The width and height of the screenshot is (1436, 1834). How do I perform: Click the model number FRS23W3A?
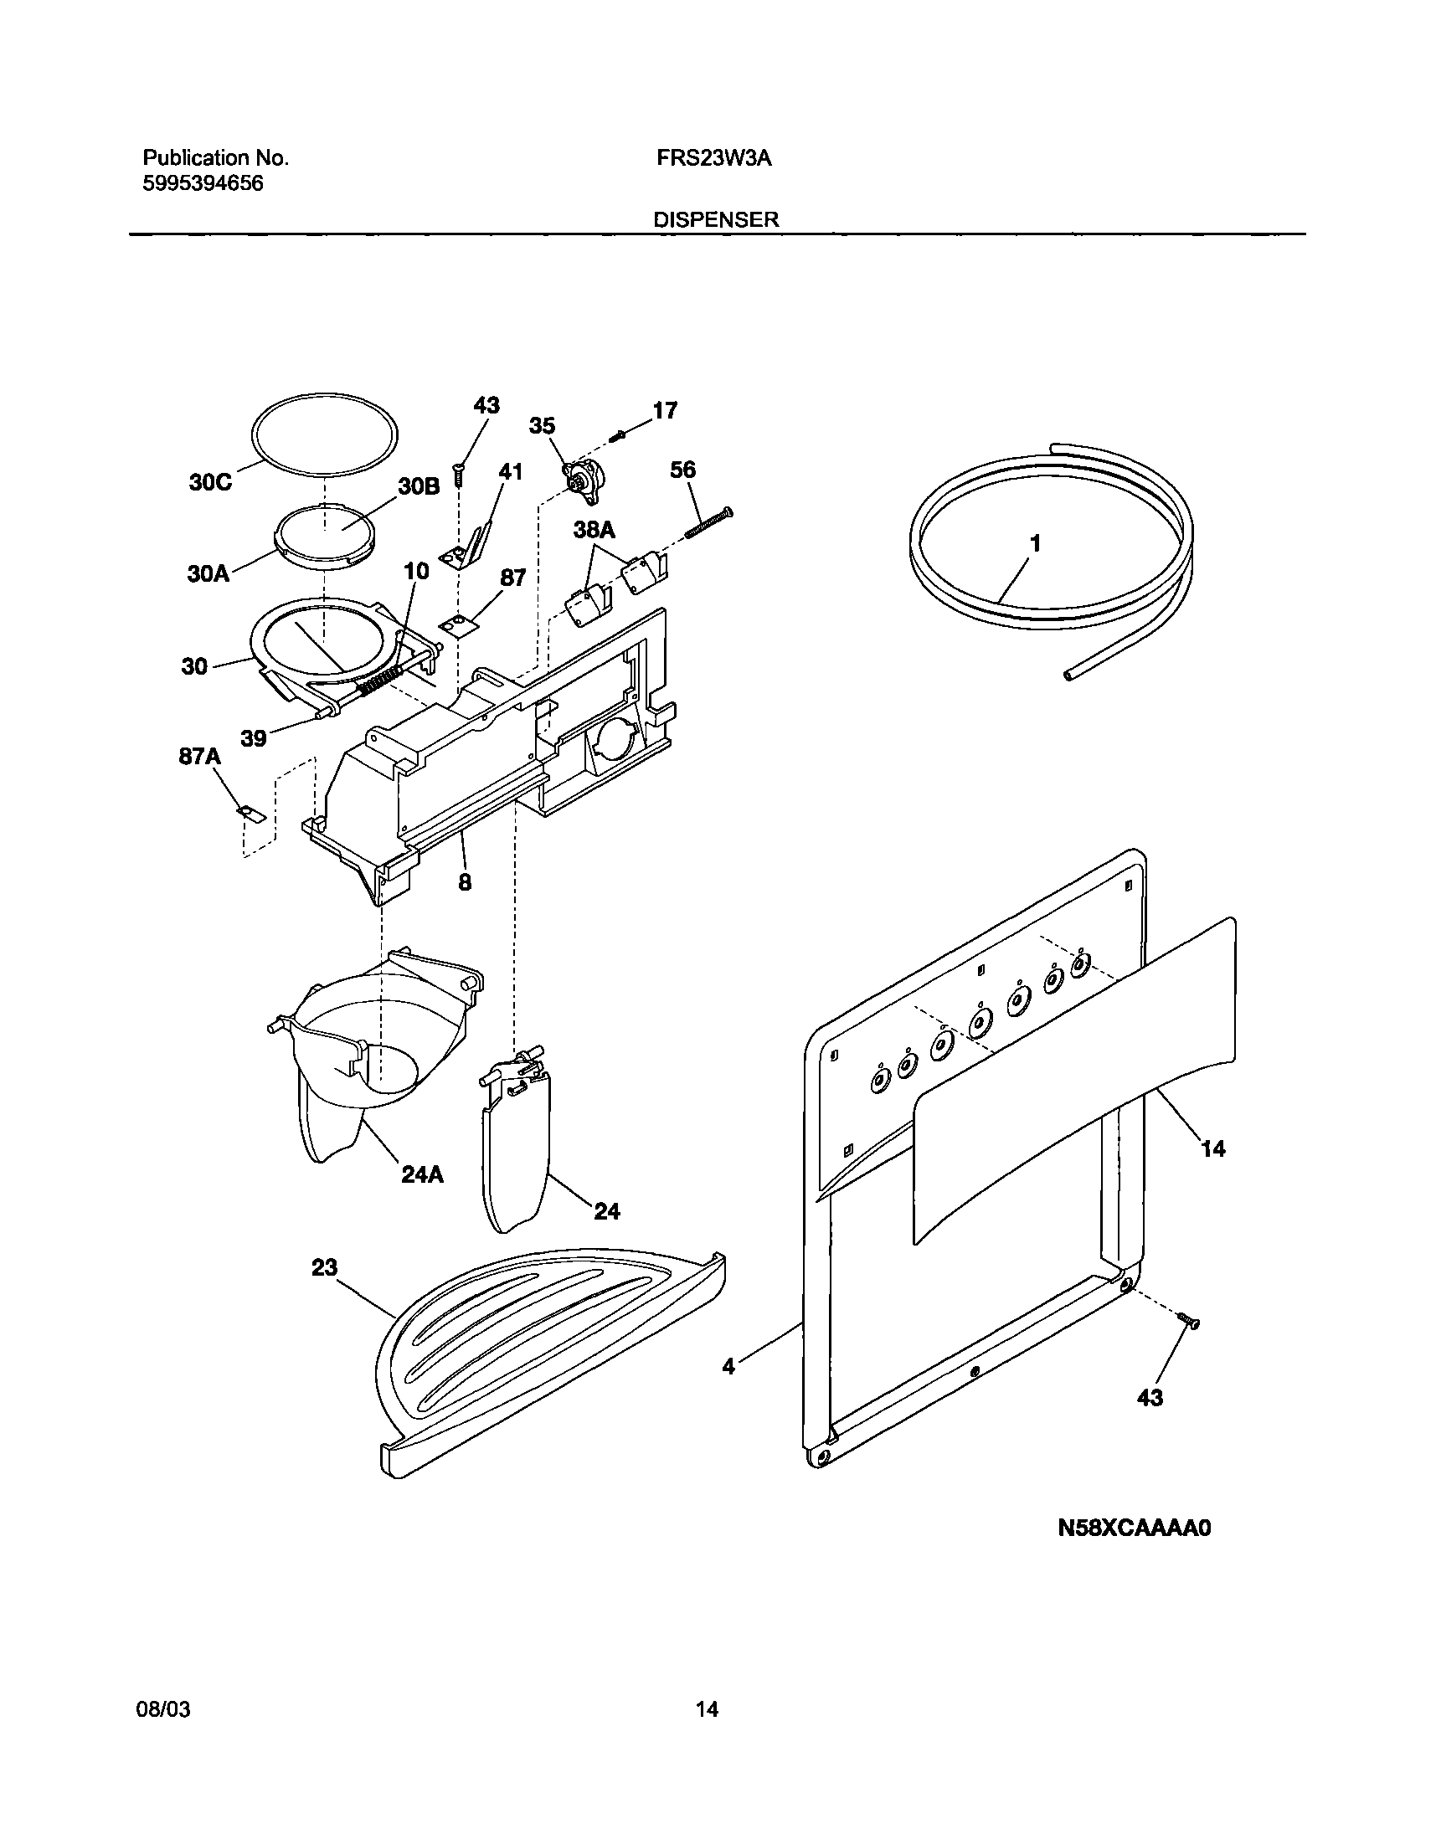[713, 158]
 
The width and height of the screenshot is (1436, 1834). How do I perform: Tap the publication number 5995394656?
[203, 183]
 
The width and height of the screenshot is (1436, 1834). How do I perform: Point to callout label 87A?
[199, 757]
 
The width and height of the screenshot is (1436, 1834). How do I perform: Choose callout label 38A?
[594, 530]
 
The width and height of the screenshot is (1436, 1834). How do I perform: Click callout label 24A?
[422, 1174]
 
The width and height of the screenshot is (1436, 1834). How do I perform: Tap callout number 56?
[682, 469]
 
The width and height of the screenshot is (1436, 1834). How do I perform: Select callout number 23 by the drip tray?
[325, 1267]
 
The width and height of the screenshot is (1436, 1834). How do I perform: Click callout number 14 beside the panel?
[1213, 1148]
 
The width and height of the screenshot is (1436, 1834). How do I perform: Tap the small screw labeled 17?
[620, 434]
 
